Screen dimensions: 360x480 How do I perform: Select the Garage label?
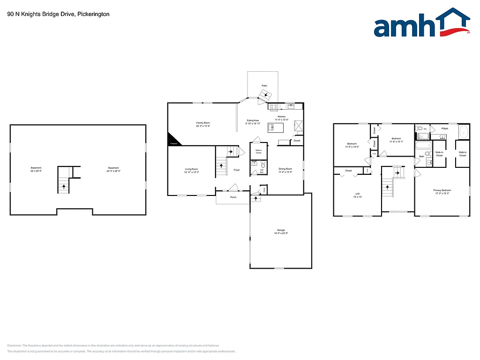[x=281, y=230]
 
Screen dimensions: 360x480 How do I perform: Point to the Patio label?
[x=264, y=86]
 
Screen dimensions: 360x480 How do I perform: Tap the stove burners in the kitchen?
[x=274, y=107]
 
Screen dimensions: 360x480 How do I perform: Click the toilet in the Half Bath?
[x=263, y=165]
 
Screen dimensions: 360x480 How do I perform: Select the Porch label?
[x=233, y=197]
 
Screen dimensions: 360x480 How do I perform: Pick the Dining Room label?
[x=285, y=169]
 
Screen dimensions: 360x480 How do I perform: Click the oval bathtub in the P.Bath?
[x=463, y=132]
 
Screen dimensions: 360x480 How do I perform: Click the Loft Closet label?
[x=348, y=171]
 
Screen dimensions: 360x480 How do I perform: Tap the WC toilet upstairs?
[x=420, y=127]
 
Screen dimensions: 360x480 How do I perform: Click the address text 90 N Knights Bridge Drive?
[x=59, y=14]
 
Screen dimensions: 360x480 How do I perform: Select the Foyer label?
[x=237, y=170]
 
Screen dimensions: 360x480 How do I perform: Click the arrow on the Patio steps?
[x=266, y=95]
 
